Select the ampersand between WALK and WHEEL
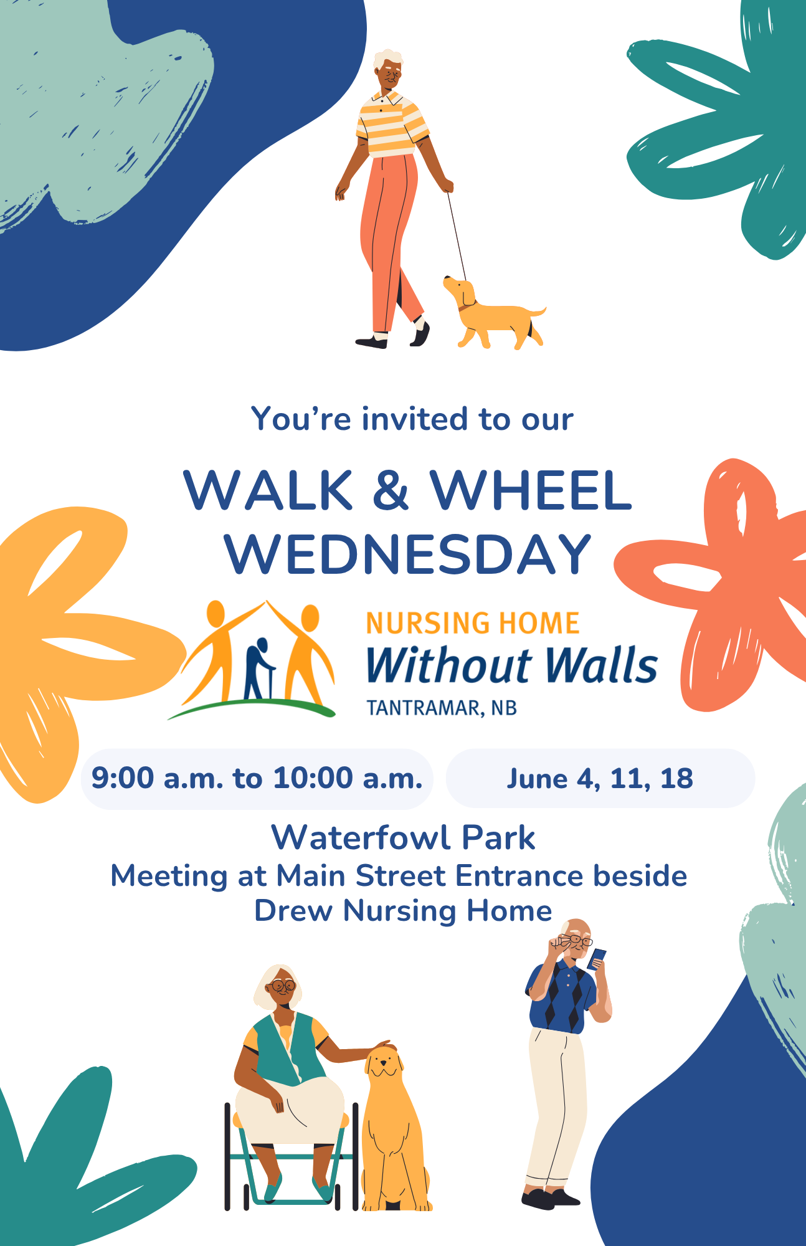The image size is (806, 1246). [x=391, y=490]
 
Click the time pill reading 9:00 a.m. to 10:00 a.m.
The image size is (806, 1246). [x=257, y=779]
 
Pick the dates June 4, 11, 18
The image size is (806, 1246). [x=600, y=779]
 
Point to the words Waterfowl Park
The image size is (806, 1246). [x=403, y=837]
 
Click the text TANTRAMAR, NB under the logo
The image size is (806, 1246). [x=442, y=708]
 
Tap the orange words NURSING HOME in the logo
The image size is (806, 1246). [x=473, y=624]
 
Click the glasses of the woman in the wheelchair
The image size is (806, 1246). [x=282, y=986]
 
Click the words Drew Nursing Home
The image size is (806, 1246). [x=403, y=911]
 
